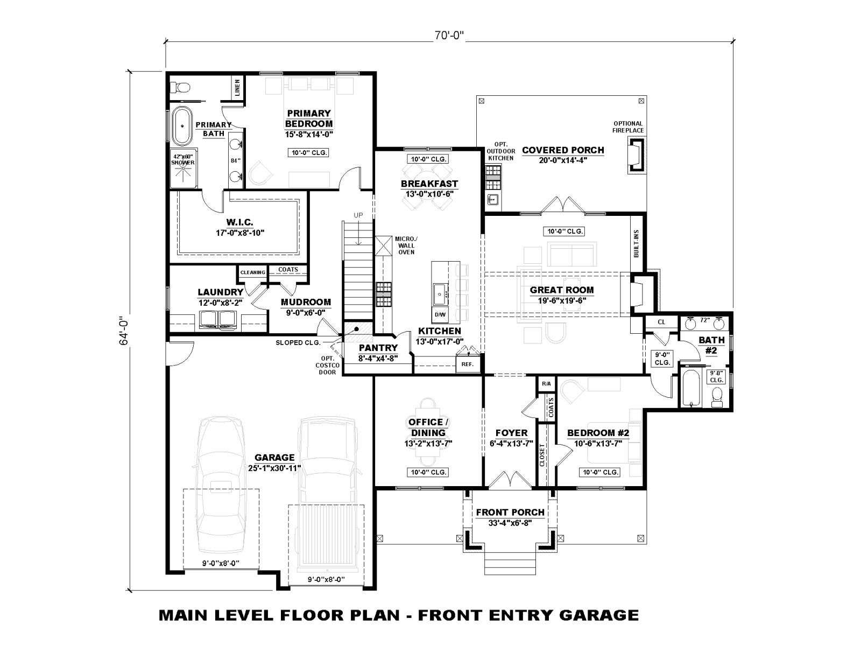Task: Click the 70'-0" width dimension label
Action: pos(449,36)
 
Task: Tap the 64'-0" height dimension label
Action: pos(124,331)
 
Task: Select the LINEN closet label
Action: pos(237,88)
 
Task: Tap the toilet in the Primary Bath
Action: pos(181,87)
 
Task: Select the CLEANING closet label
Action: pos(252,272)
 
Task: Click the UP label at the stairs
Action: pos(358,215)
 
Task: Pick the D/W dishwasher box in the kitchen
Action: pos(440,314)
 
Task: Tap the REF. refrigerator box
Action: pos(468,364)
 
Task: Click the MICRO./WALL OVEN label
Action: pos(406,245)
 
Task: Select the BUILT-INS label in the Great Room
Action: pos(636,243)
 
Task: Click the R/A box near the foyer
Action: pos(546,384)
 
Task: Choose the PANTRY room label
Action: pos(378,348)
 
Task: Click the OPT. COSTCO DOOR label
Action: pos(328,365)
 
